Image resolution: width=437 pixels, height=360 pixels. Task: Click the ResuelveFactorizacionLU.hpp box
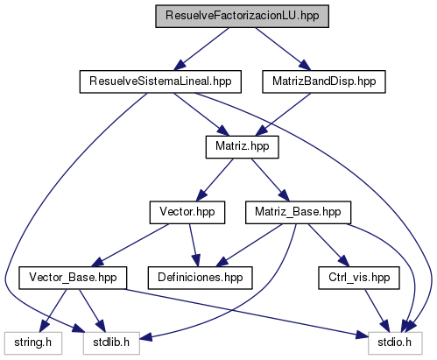coord(242,16)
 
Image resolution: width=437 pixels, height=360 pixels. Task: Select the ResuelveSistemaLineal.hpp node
coord(160,81)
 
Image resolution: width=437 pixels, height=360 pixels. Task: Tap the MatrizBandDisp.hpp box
coord(324,81)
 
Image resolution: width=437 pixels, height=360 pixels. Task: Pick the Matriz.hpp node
coord(242,147)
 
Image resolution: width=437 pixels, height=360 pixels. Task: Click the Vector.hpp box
coord(187,212)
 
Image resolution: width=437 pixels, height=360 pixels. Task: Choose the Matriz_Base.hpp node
coord(298,212)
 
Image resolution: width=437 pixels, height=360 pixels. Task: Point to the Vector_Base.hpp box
coord(73,278)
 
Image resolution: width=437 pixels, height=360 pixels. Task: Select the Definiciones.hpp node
coord(200,278)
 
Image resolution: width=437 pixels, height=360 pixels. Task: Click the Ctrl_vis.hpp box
coord(359,278)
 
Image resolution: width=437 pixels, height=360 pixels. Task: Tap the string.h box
coord(33,343)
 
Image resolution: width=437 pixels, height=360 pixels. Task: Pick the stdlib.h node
coord(111,343)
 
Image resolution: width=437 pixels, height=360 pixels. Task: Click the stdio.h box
coord(395,343)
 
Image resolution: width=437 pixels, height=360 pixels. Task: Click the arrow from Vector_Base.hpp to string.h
coord(53,310)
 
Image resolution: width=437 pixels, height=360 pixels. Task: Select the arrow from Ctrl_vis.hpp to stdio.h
coord(377,310)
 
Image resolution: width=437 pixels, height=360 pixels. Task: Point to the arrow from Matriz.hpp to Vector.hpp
coord(215,180)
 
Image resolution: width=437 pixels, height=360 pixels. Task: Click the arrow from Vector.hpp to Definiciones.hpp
coord(194,245)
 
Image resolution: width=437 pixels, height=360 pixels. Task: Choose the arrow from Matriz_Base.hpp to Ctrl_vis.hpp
coord(328,245)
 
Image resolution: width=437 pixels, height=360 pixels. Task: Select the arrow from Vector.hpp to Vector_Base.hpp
coord(130,245)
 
